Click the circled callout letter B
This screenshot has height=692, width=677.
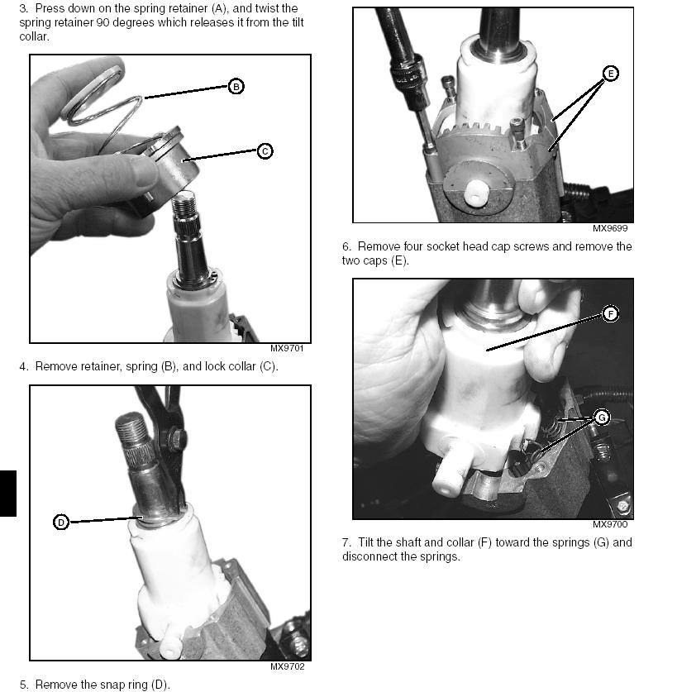pyautogui.click(x=236, y=87)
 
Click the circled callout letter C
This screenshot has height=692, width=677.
pyautogui.click(x=265, y=151)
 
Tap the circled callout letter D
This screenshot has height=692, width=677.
pyautogui.click(x=61, y=523)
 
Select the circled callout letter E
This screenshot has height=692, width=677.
pyautogui.click(x=611, y=74)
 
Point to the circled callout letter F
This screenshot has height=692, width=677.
pyautogui.click(x=610, y=314)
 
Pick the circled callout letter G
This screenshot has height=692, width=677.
pyautogui.click(x=602, y=417)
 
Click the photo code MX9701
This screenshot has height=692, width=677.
pyautogui.click(x=287, y=348)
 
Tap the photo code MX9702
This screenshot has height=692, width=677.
pyautogui.click(x=287, y=666)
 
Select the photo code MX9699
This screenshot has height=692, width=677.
pyautogui.click(x=610, y=228)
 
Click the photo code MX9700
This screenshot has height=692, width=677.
pyautogui.click(x=610, y=524)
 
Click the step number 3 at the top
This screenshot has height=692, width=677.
pyautogui.click(x=23, y=8)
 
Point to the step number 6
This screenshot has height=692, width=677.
pyautogui.click(x=346, y=246)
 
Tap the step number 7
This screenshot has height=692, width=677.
pyautogui.click(x=346, y=542)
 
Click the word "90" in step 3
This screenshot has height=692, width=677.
pyautogui.click(x=103, y=22)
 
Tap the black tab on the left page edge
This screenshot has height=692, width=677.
pyautogui.click(x=8, y=494)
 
